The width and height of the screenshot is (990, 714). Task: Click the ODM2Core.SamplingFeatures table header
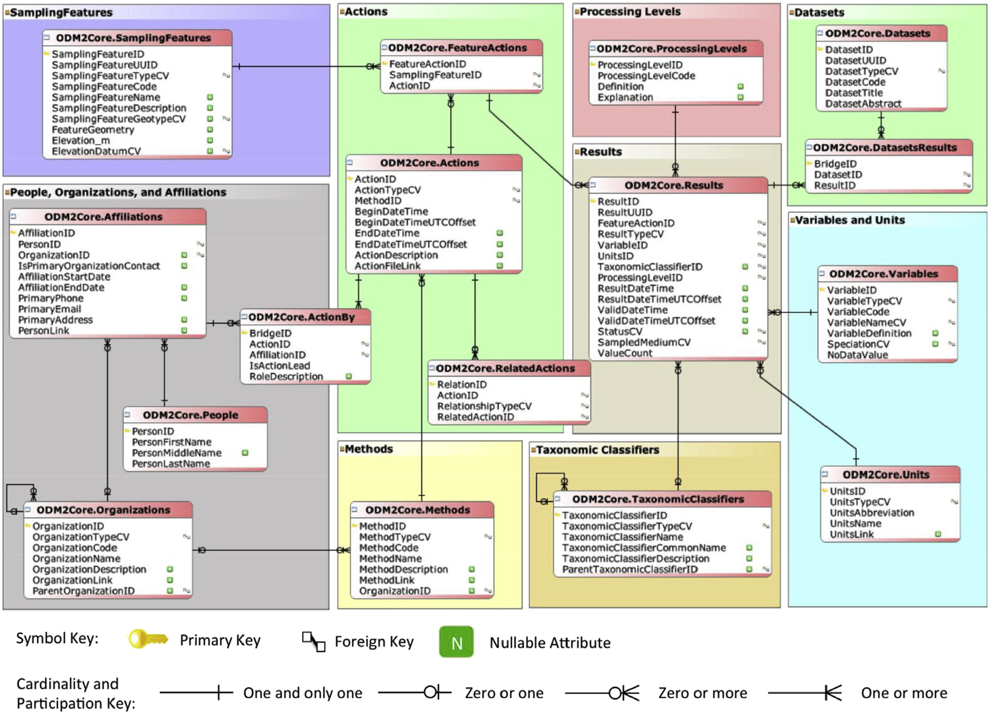(133, 38)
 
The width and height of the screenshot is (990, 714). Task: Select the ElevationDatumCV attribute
(96, 151)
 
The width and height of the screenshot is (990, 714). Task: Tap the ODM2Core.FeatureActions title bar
(457, 48)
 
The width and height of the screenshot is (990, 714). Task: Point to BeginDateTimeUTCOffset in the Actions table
(415, 222)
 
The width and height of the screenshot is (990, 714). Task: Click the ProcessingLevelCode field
(646, 76)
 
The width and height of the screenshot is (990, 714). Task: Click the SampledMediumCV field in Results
(644, 342)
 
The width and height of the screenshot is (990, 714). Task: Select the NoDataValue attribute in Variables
(857, 355)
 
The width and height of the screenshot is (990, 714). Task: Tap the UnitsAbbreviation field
(872, 513)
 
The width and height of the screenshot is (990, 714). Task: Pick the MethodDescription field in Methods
(403, 570)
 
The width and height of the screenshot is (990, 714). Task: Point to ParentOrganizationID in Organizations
(83, 591)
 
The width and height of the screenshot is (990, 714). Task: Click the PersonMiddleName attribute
(176, 453)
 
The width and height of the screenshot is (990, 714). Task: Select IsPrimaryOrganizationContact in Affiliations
(89, 266)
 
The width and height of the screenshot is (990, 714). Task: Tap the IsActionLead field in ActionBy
(279, 366)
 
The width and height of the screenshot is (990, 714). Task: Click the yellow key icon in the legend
(148, 639)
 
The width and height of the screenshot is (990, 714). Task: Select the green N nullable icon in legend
(456, 642)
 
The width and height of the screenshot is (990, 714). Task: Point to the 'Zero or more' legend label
(702, 693)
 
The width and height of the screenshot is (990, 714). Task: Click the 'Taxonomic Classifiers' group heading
(597, 450)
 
